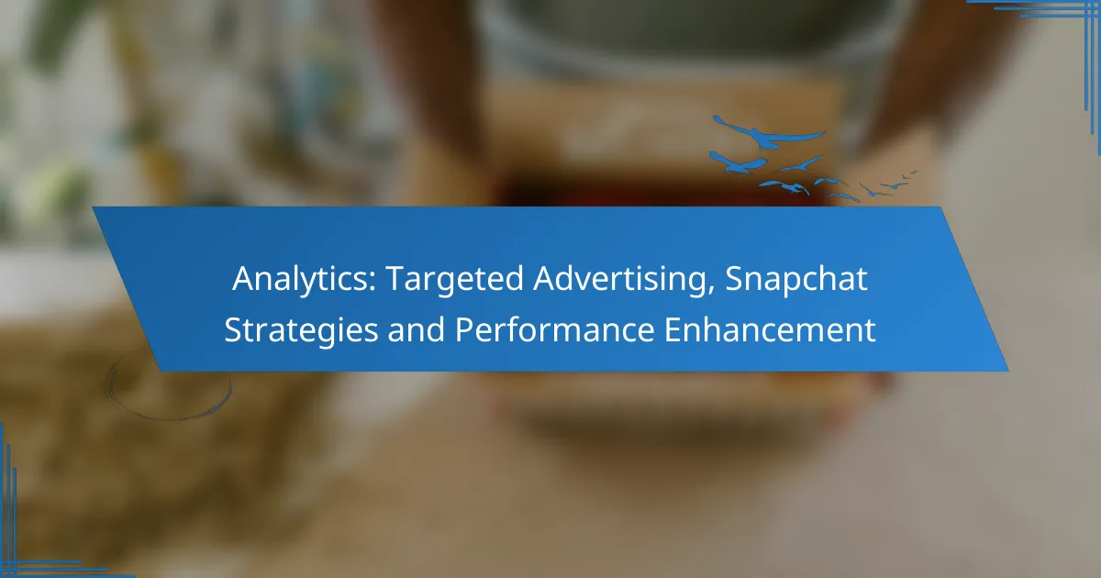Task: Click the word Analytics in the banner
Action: [301, 280]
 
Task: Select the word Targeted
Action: [455, 280]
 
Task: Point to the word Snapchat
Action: [796, 279]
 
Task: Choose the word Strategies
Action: [301, 330]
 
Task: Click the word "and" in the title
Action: [416, 329]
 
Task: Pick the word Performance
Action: [554, 329]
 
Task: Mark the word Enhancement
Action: [770, 329]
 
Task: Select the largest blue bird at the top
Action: [768, 133]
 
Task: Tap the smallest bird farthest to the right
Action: [911, 173]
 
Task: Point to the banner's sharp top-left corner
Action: [93, 207]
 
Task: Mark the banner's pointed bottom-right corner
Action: [1008, 371]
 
